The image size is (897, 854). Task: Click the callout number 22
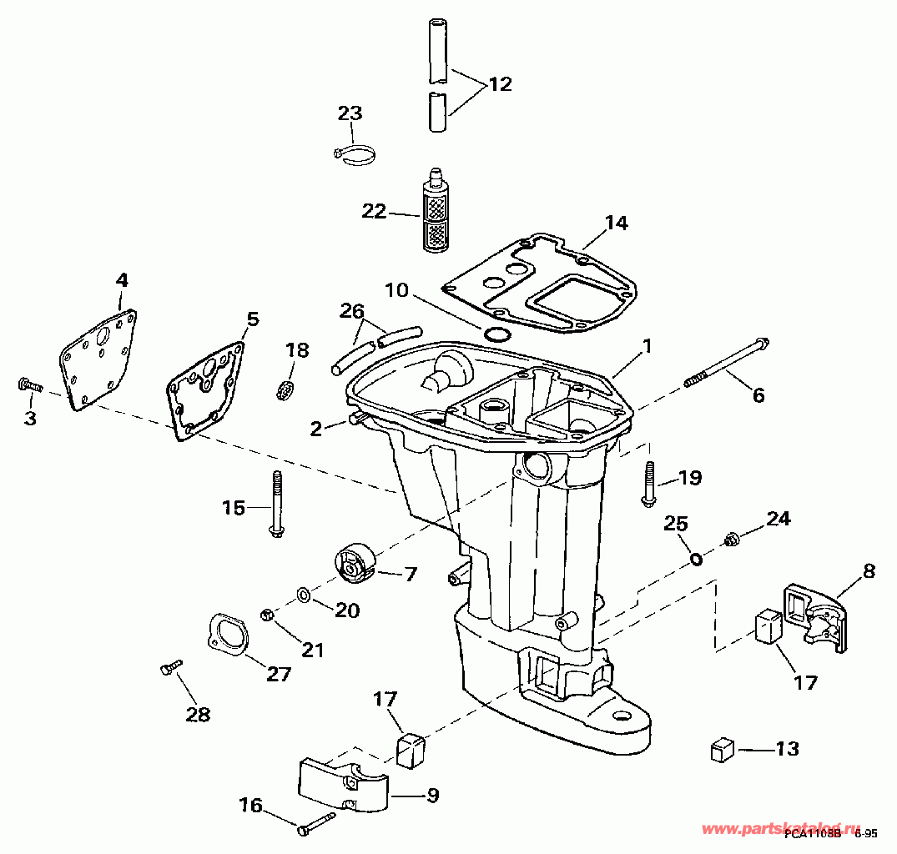[374, 212]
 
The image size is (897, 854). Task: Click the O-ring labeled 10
[497, 334]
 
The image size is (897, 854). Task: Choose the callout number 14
[616, 223]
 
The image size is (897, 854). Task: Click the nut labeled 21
[269, 615]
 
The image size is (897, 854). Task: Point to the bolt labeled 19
[648, 483]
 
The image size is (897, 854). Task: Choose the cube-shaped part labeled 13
[721, 750]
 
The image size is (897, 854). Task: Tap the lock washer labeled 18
[285, 388]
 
